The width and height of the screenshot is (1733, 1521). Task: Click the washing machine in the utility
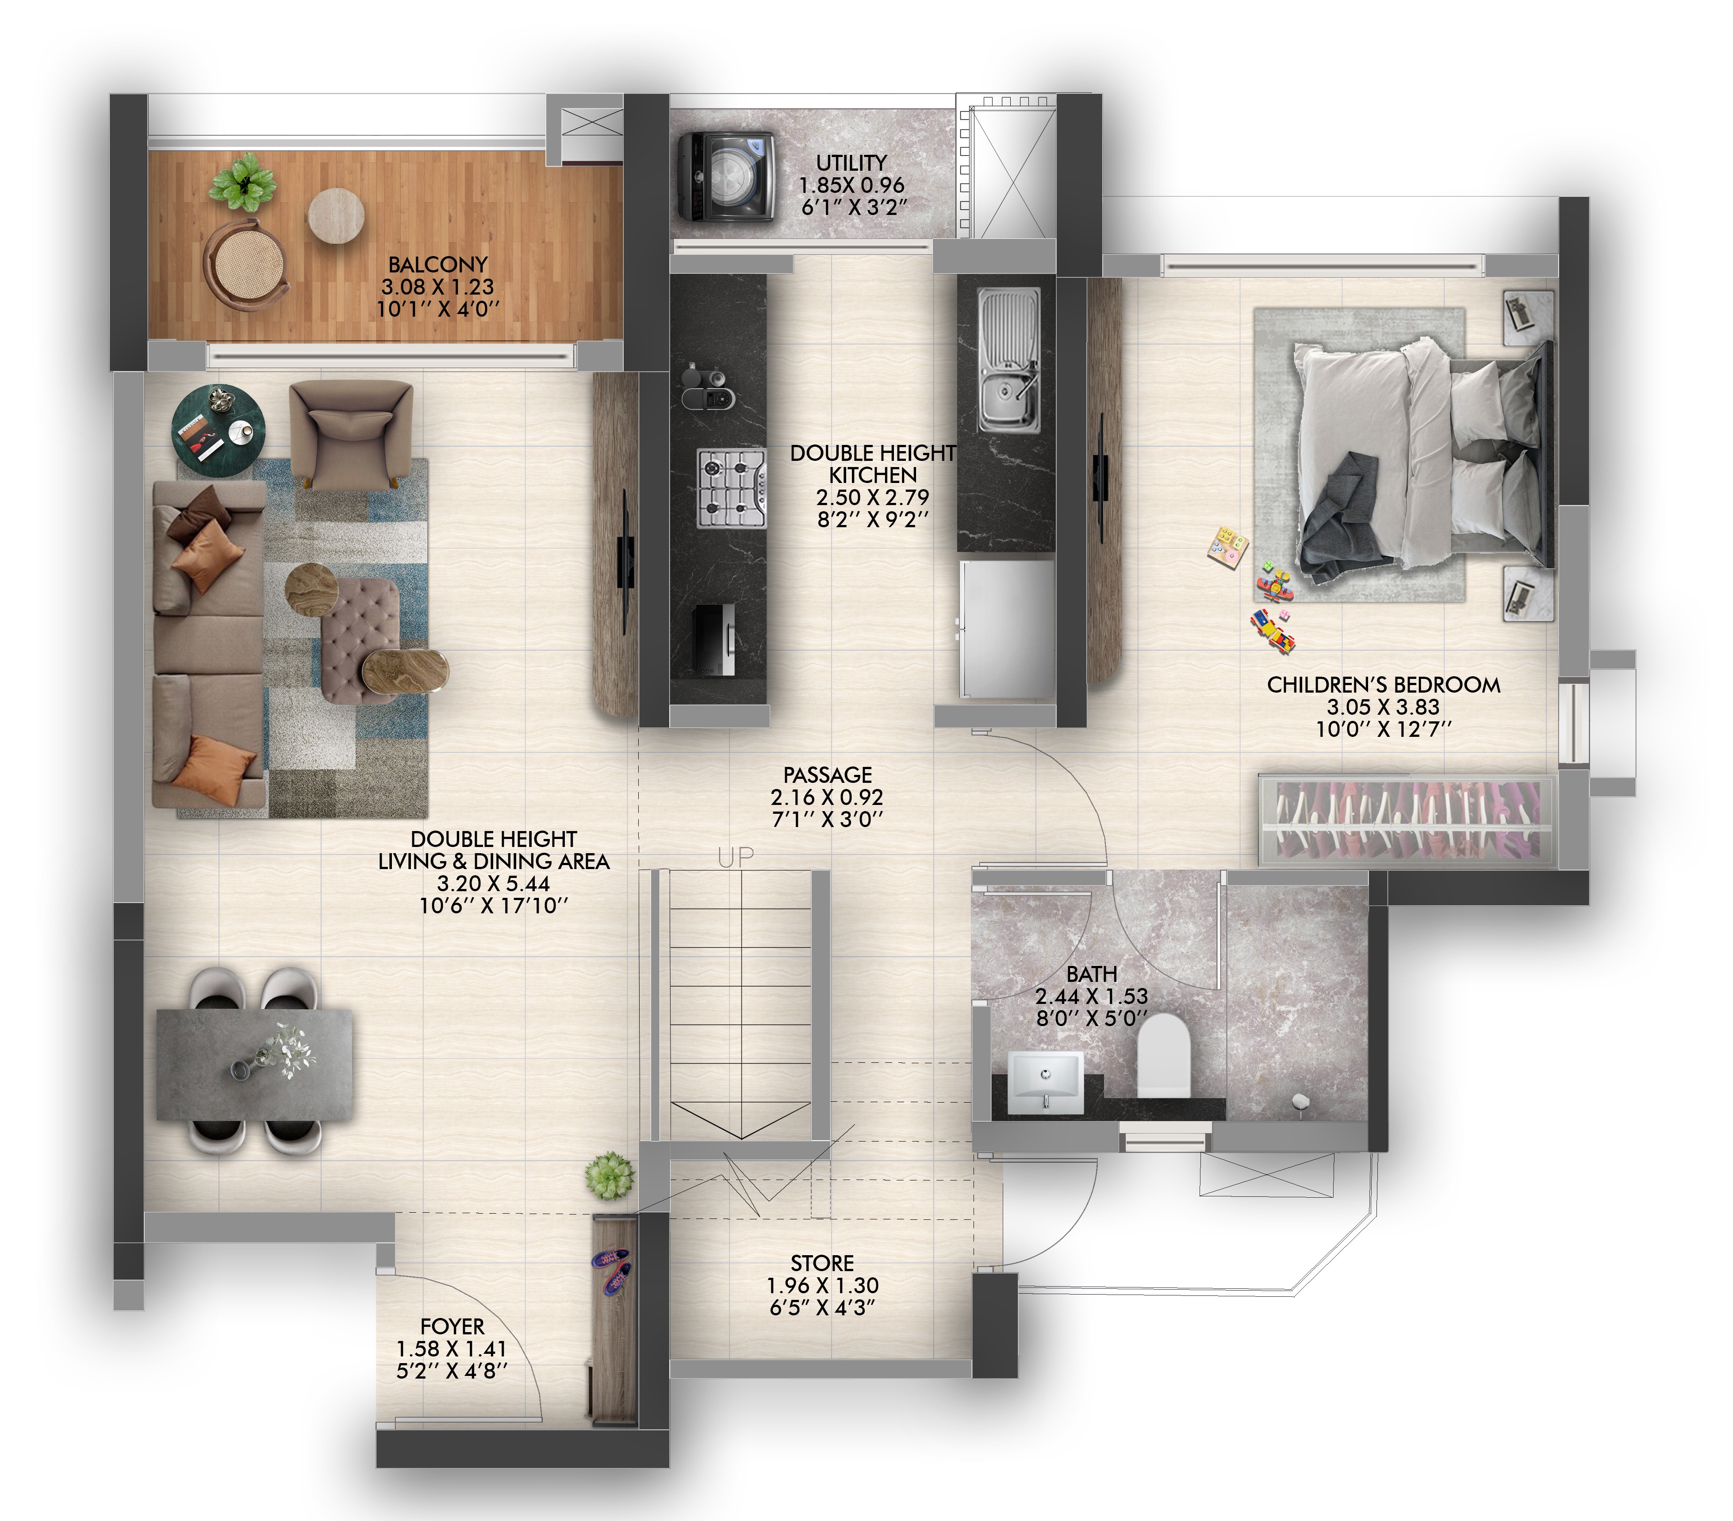pyautogui.click(x=727, y=176)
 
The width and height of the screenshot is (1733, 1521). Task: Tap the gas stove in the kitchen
pyautogui.click(x=732, y=489)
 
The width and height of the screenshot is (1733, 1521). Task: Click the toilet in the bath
pyautogui.click(x=1163, y=1056)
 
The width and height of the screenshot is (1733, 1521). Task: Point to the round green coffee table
pyautogui.click(x=219, y=423)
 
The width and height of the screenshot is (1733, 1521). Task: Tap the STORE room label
pyautogui.click(x=822, y=1263)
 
